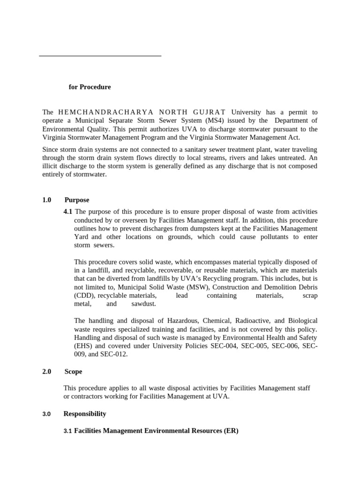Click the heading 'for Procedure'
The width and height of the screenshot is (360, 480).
point(90,87)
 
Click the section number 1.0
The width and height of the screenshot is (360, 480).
point(46,200)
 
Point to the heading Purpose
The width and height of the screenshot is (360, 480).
point(77,200)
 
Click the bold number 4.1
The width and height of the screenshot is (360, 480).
point(68,211)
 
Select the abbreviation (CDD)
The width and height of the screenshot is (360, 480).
point(84,295)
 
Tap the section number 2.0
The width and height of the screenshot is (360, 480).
point(46,371)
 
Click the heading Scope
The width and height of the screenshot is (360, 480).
point(73,371)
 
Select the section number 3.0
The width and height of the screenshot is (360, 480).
point(46,414)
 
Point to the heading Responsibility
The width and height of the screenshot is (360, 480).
point(85,413)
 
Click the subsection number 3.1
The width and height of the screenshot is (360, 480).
point(67,431)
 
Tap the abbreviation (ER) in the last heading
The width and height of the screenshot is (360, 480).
point(230,430)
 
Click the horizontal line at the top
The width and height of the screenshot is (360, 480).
point(100,56)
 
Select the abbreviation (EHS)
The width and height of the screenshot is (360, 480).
point(85,346)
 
